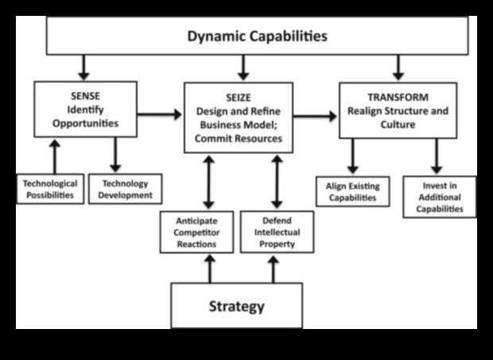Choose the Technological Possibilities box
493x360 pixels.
(x=50, y=188)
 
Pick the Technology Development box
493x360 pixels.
(x=125, y=188)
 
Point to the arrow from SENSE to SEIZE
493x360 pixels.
(x=159, y=114)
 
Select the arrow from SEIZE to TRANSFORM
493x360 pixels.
(x=316, y=116)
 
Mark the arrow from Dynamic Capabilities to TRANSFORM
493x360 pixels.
(x=398, y=64)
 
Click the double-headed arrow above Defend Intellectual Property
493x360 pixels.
(x=277, y=181)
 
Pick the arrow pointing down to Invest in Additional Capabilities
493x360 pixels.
(x=437, y=157)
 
